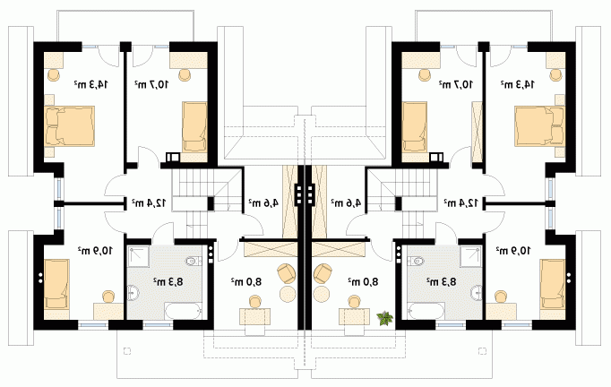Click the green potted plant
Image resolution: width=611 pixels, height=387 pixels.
coord(385,318)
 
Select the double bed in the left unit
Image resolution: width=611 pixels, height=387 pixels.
coord(70,126)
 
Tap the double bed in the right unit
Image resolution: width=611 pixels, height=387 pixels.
coord(539,126)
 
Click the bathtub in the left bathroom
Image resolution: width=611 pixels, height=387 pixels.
coord(184,311)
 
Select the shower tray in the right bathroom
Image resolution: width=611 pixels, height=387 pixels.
coord(471,256)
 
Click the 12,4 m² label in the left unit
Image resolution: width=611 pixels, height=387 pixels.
coord(149,202)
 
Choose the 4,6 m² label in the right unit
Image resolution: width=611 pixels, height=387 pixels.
coord(346,202)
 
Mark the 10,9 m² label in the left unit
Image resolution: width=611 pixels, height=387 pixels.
coord(95,250)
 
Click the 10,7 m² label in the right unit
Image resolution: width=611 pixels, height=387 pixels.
coord(456,84)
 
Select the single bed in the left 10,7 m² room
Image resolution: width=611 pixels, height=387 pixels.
coord(194,126)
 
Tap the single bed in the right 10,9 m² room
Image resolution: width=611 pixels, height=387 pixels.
coord(553,284)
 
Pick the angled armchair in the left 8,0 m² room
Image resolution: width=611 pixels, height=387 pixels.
coord(287,273)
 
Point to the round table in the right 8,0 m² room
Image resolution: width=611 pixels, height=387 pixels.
coord(322,294)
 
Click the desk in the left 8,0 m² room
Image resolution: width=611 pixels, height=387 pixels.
coord(254,316)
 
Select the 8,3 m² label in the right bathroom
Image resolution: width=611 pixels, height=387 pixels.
coord(442,281)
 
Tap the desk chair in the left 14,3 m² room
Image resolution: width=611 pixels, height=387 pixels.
coord(54,74)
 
